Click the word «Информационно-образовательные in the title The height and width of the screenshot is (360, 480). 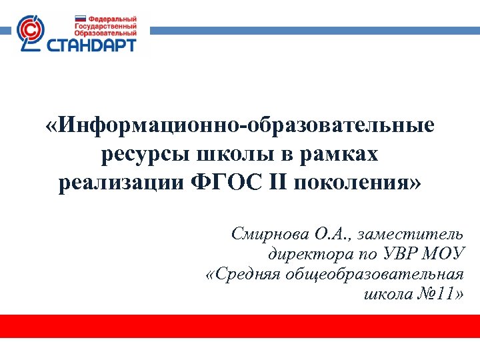(x=240, y=125)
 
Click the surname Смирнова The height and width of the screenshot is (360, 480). (x=269, y=234)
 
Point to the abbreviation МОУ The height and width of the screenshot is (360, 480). (x=443, y=254)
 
